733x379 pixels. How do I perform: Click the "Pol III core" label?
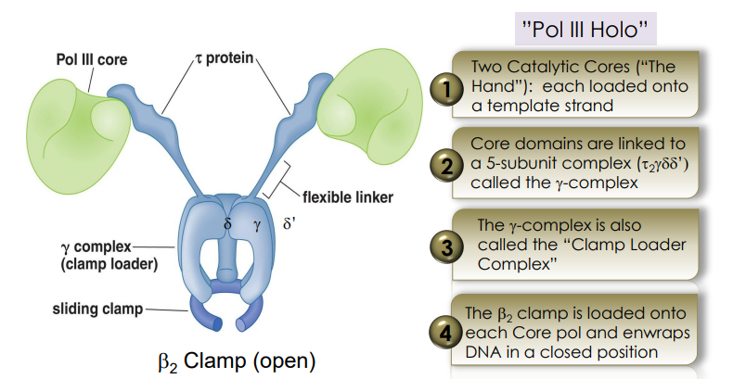90,60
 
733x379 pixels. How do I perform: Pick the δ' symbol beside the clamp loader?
289,224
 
